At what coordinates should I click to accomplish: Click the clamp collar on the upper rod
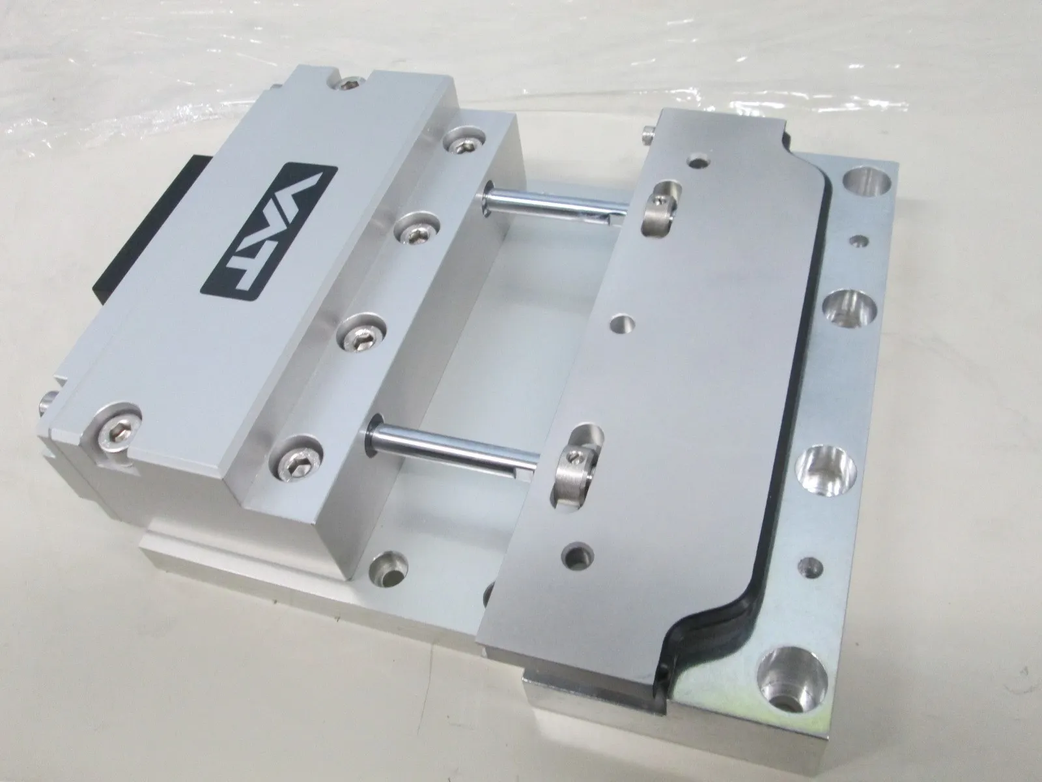point(663,206)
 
